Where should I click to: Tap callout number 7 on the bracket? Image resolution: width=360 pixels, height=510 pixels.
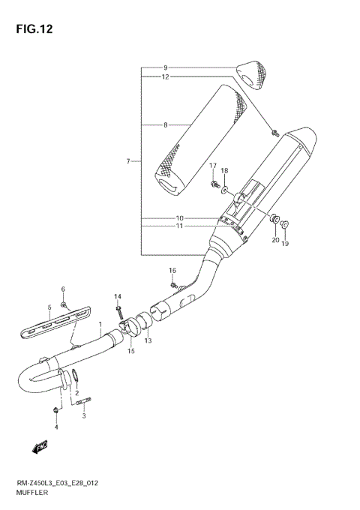pos(128,161)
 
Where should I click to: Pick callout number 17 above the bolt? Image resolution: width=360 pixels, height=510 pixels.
pos(212,166)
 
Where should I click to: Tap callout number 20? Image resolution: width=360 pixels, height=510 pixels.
pos(275,240)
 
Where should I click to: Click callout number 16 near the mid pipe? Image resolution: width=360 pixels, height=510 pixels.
pos(172,270)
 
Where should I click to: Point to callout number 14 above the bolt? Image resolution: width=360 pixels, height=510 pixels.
pos(117,297)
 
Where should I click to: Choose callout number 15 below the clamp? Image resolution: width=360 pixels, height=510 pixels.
pos(131,352)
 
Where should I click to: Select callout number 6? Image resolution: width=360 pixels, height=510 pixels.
pos(63,289)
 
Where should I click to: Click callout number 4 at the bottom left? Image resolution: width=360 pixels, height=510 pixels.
pos(55,428)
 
